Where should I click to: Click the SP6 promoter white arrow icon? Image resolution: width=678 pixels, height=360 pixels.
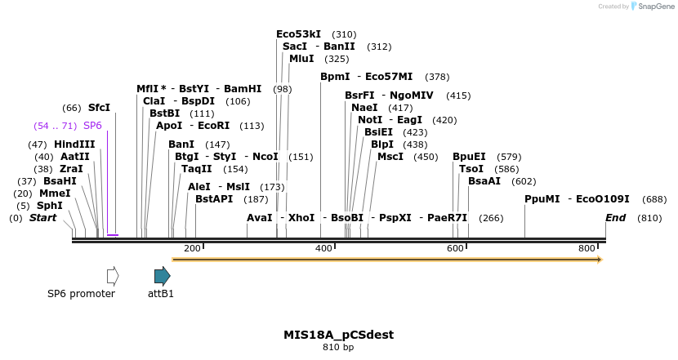pyautogui.click(x=113, y=275)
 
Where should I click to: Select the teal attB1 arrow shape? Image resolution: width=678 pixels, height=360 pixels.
pyautogui.click(x=162, y=275)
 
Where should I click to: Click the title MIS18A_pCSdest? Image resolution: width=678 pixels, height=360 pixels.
pyautogui.click(x=338, y=335)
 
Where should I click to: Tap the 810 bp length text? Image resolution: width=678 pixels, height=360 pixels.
pyautogui.click(x=338, y=347)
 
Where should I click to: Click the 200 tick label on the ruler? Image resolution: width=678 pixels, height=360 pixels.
pyautogui.click(x=192, y=248)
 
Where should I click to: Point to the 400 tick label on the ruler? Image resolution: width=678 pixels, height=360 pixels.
pyautogui.click(x=324, y=248)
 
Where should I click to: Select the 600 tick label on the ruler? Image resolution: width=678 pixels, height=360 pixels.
pyautogui.click(x=456, y=248)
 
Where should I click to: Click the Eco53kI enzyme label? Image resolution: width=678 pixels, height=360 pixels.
pyautogui.click(x=298, y=34)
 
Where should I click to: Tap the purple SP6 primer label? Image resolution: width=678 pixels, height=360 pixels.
pyautogui.click(x=92, y=126)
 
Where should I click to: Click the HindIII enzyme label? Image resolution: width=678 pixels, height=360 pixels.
pyautogui.click(x=74, y=144)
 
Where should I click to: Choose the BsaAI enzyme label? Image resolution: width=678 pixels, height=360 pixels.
pyautogui.click(x=484, y=181)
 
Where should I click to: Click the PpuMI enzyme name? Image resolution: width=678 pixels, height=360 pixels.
pyautogui.click(x=542, y=199)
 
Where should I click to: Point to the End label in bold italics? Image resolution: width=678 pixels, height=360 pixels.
pyautogui.click(x=616, y=218)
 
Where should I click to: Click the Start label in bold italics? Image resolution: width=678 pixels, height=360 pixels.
pyautogui.click(x=43, y=218)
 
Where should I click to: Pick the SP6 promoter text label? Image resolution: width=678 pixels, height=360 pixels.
pyautogui.click(x=81, y=294)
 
